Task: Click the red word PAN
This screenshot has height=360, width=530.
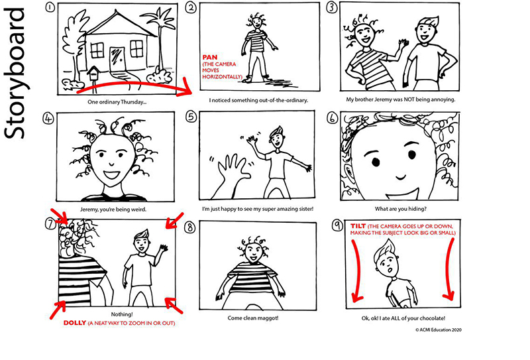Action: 211,57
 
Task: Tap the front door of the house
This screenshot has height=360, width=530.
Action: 117,59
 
